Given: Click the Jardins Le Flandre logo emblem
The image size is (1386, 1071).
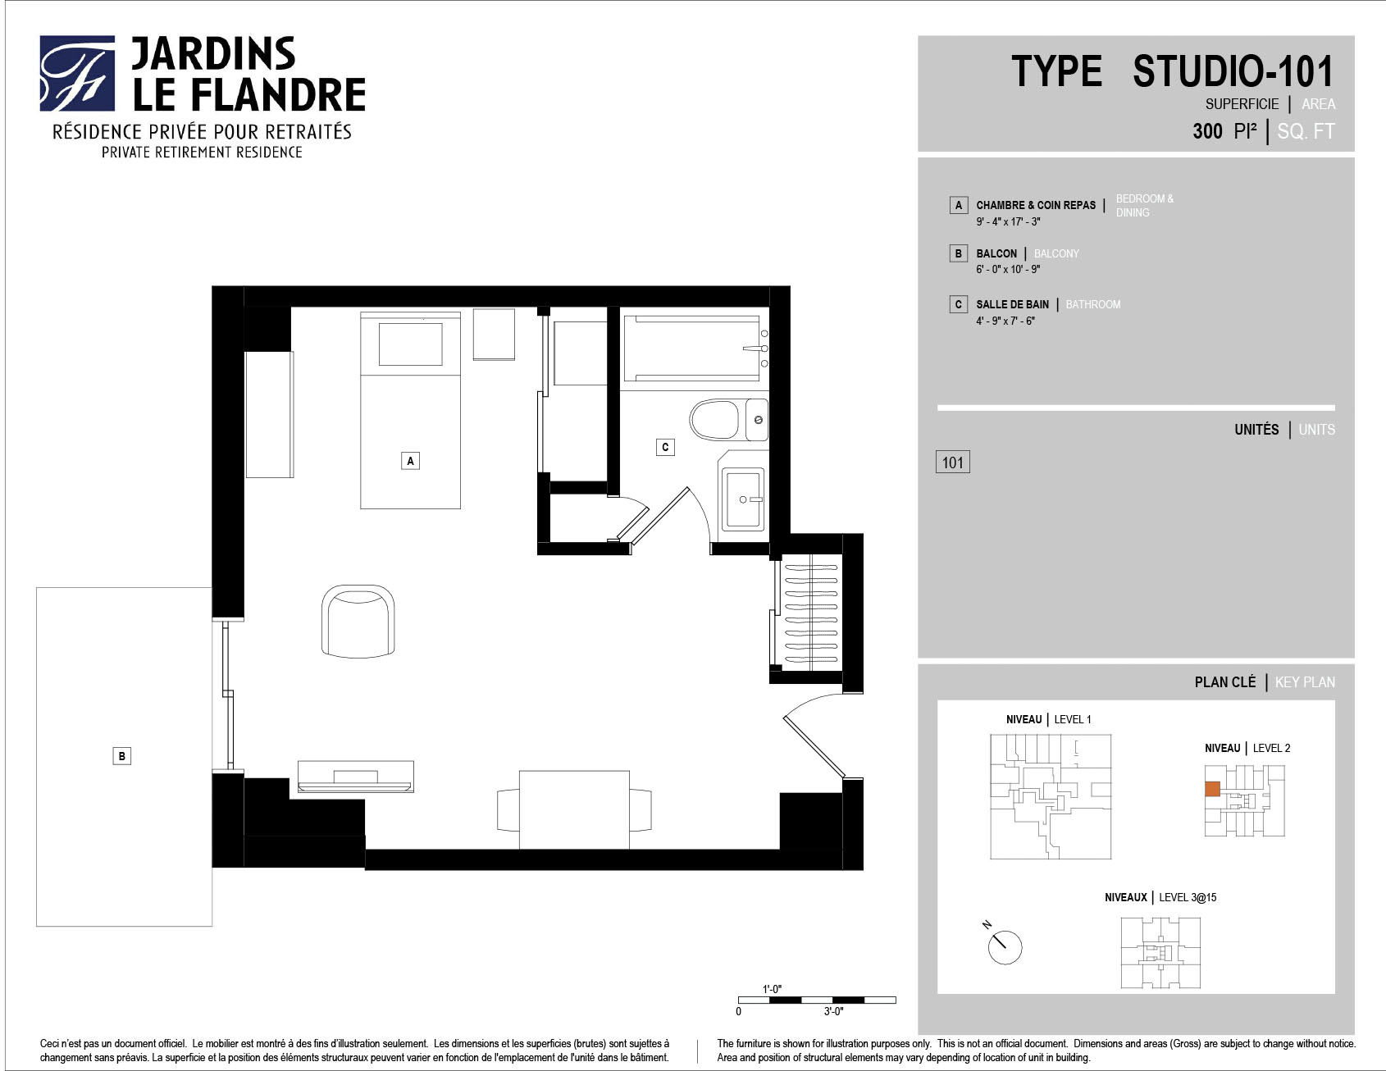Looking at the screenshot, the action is pyautogui.click(x=77, y=73).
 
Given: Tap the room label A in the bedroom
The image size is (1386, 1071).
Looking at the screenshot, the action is pyautogui.click(x=411, y=461).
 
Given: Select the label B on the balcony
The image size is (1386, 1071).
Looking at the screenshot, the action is pyautogui.click(x=121, y=756).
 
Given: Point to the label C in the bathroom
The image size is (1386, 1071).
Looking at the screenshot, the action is pyautogui.click(x=665, y=447).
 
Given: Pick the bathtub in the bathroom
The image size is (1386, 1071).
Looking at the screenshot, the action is pyautogui.click(x=695, y=348).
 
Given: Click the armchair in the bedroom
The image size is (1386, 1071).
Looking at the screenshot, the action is pyautogui.click(x=358, y=621).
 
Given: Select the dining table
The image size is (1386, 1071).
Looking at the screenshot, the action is pyautogui.click(x=574, y=809).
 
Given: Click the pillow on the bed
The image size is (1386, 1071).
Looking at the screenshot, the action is pyautogui.click(x=410, y=344).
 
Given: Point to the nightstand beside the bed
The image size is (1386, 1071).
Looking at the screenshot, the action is pyautogui.click(x=494, y=334).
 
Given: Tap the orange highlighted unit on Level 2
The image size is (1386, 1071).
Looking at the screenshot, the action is pyautogui.click(x=1212, y=789).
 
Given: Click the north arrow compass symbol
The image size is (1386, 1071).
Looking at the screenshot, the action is pyautogui.click(x=1003, y=945).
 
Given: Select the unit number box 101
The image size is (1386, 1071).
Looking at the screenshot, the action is pyautogui.click(x=952, y=463).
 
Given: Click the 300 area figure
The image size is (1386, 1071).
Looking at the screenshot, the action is pyautogui.click(x=1207, y=131).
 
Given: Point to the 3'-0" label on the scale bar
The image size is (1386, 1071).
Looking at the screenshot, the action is pyautogui.click(x=833, y=1011).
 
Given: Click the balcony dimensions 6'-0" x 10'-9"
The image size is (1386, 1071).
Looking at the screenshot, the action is pyautogui.click(x=1008, y=269).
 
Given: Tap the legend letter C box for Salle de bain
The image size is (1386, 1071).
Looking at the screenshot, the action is pyautogui.click(x=958, y=304).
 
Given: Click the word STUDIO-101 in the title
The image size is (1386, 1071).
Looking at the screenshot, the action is pyautogui.click(x=1233, y=71).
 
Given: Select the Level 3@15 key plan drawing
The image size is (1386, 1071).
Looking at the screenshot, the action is pyautogui.click(x=1160, y=952).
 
